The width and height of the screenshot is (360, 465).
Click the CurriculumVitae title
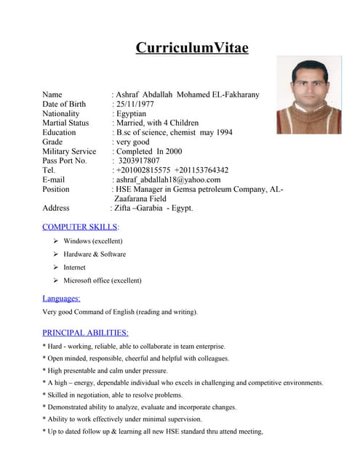coord(192,49)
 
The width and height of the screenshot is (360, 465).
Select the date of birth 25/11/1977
coord(135,104)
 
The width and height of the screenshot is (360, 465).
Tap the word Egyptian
coord(133,113)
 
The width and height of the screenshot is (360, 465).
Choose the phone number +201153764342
coord(201,170)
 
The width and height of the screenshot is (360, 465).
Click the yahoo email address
coord(167,179)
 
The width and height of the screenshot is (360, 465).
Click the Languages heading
coord(61,298)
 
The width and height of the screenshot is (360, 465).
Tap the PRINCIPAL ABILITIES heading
coord(85,333)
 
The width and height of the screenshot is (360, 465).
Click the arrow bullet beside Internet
coord(55,267)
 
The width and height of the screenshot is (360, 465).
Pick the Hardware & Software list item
coord(95,254)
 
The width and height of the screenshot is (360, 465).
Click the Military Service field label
coord(69,151)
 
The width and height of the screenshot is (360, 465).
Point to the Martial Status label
coord(65,123)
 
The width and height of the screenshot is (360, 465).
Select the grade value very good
coord(132,142)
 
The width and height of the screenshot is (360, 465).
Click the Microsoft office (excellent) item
coord(103,280)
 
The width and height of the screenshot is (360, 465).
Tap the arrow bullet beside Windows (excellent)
coord(55,240)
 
